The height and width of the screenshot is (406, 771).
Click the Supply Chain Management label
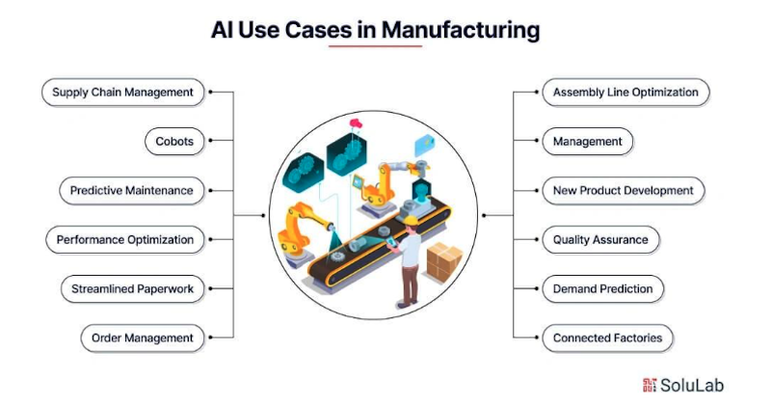(x=123, y=93)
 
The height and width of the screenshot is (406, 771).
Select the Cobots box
(x=174, y=142)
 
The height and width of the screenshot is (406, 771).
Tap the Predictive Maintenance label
(x=131, y=191)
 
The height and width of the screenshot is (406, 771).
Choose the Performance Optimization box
(x=124, y=240)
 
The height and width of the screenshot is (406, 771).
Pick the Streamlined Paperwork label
(x=132, y=288)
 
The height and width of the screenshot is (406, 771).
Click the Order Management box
(x=142, y=338)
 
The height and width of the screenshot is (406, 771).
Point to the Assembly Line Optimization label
(x=625, y=93)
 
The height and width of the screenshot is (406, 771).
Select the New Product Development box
(x=623, y=191)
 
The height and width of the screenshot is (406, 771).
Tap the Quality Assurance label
(x=599, y=240)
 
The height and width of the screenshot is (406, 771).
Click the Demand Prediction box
(x=602, y=288)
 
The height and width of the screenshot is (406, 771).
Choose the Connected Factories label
(x=607, y=338)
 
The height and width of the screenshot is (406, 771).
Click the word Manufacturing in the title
(x=461, y=30)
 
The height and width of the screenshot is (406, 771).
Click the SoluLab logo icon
(x=649, y=385)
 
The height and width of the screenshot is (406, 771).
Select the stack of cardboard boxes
(x=444, y=261)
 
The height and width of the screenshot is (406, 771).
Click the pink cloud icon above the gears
(x=355, y=124)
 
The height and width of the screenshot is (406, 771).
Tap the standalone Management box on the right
(x=587, y=142)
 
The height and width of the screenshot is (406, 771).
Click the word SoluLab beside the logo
(x=691, y=385)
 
